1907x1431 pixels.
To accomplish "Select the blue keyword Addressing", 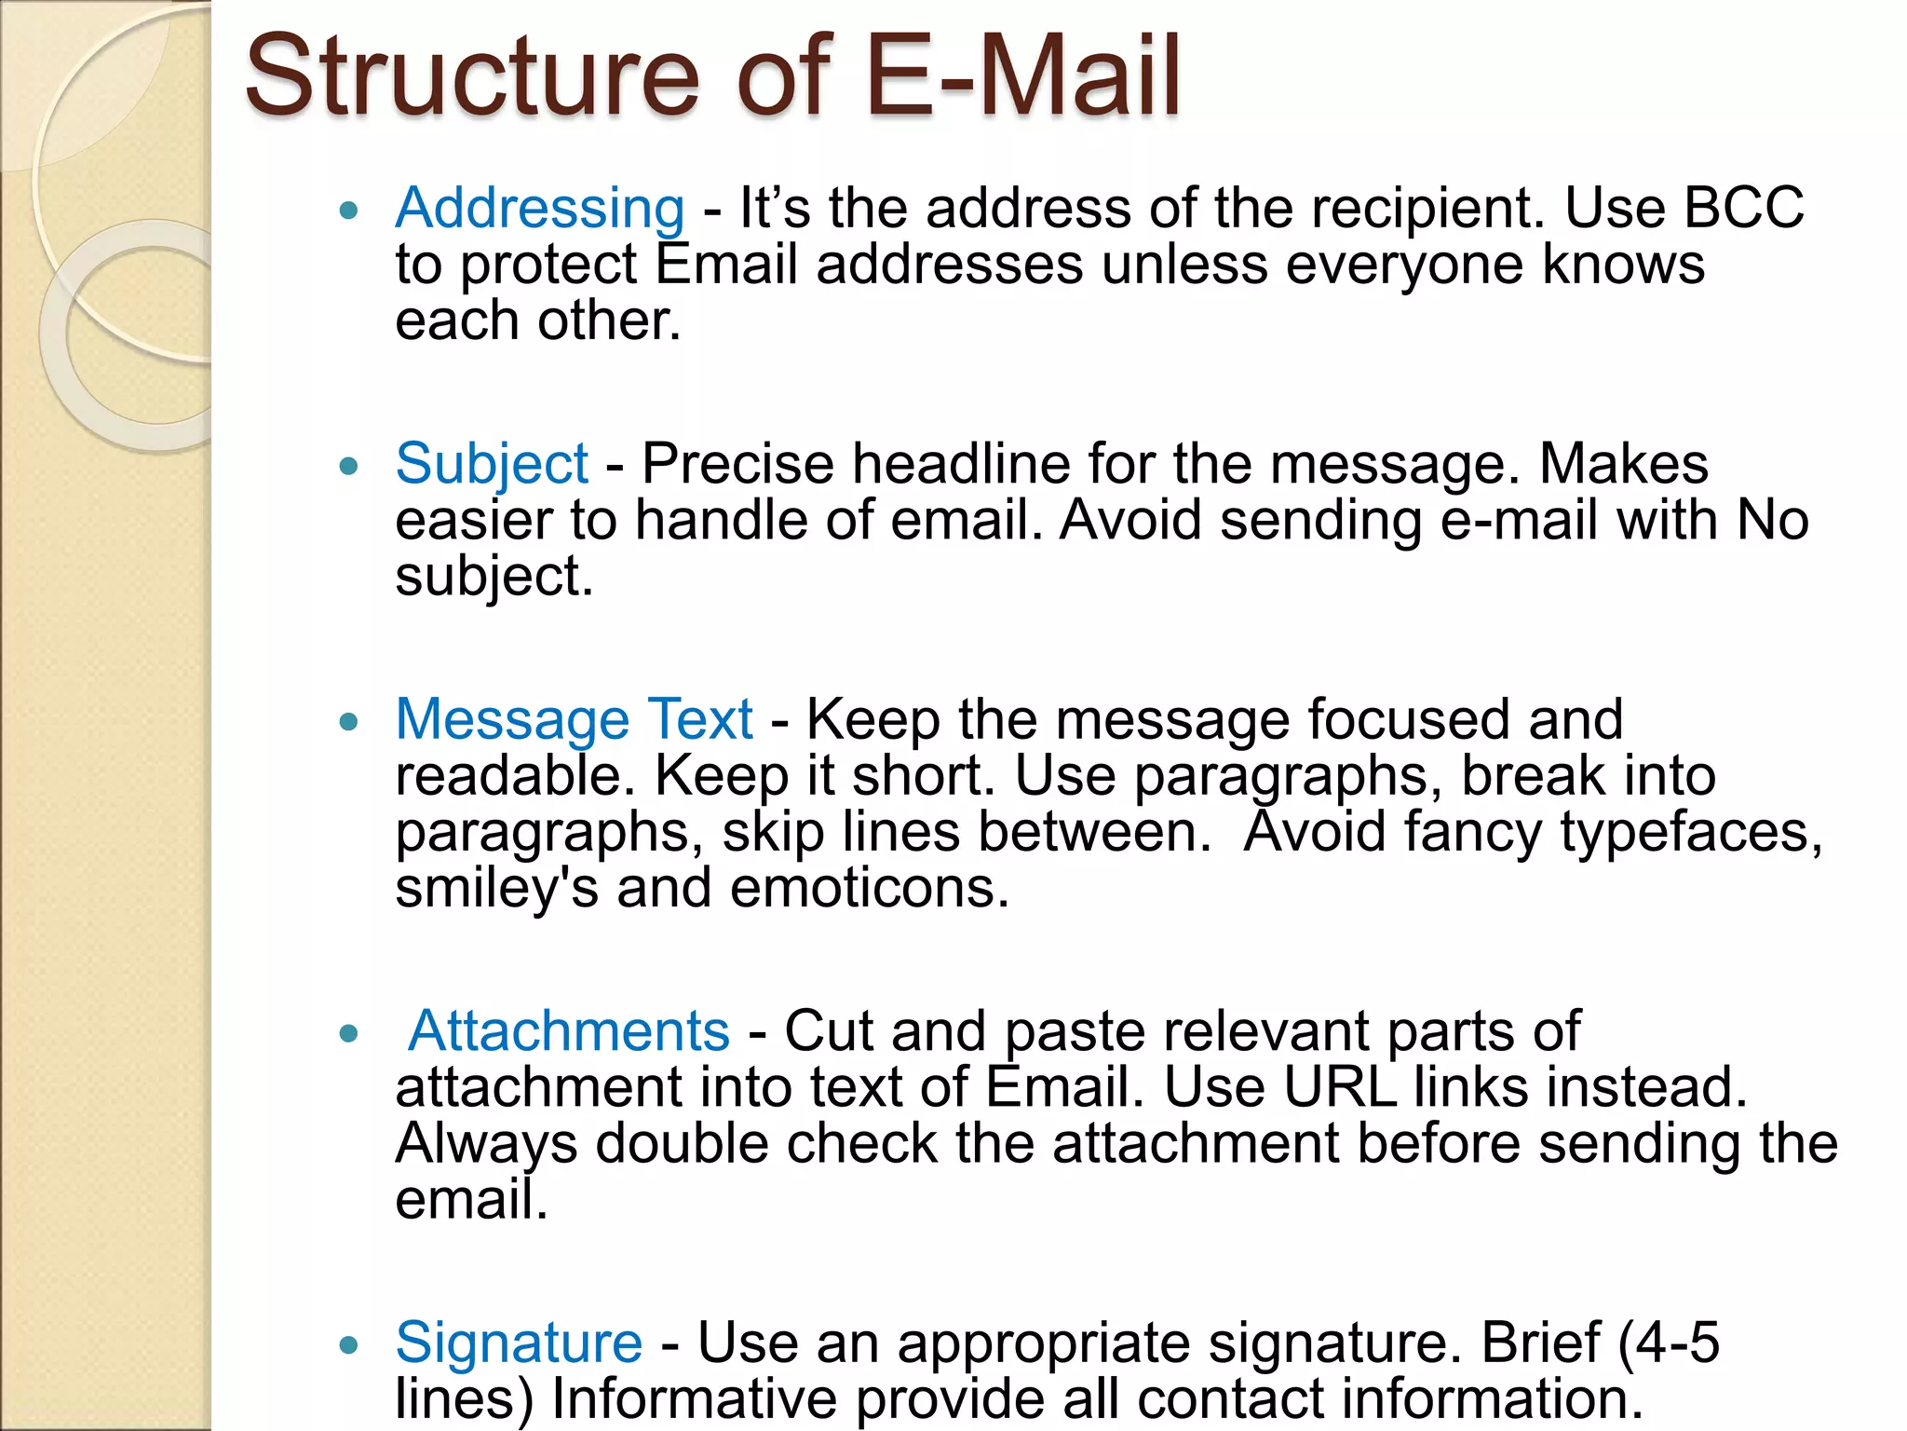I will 540,209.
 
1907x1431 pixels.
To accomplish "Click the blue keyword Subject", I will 492,464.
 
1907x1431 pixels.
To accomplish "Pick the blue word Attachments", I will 569,1031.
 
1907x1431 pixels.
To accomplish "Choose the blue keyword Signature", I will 519,1342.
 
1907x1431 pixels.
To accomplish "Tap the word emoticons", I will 870,888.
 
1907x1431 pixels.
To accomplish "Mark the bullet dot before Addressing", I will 349,211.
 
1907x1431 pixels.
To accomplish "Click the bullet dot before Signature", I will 349,1345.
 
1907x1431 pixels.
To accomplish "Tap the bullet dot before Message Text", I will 349,722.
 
